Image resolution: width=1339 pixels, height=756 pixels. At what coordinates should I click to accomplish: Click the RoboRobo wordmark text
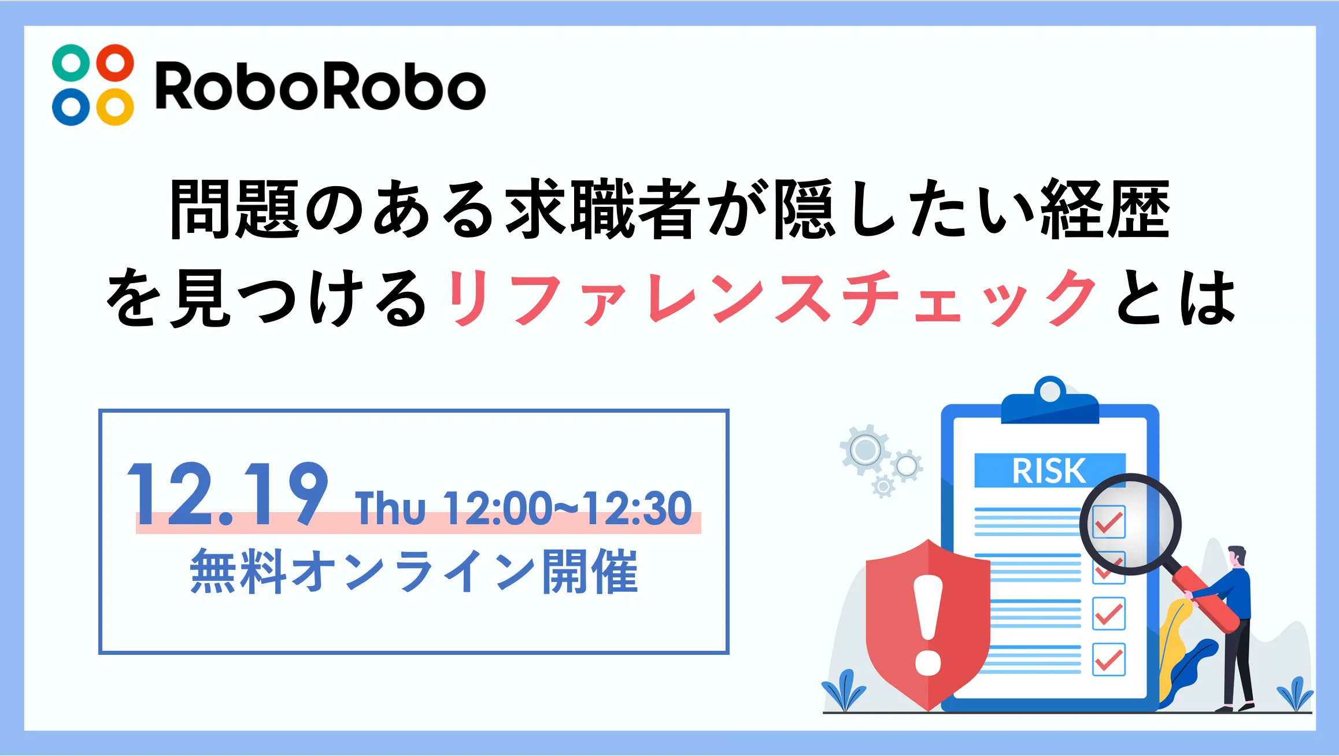click(x=321, y=86)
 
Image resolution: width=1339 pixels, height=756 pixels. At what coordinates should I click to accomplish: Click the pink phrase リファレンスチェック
click(x=772, y=298)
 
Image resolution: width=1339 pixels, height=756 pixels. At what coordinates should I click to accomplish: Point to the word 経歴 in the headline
click(x=1105, y=209)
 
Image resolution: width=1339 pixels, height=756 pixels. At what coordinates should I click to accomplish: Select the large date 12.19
click(x=227, y=494)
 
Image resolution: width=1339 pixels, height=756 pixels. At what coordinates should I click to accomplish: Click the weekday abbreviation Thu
click(x=391, y=509)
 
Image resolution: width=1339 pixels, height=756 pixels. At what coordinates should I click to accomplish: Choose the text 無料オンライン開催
click(x=414, y=572)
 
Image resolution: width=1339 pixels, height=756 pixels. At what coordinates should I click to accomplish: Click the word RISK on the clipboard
click(x=1049, y=471)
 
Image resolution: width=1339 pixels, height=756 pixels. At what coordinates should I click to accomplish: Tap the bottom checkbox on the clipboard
click(x=1109, y=659)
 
